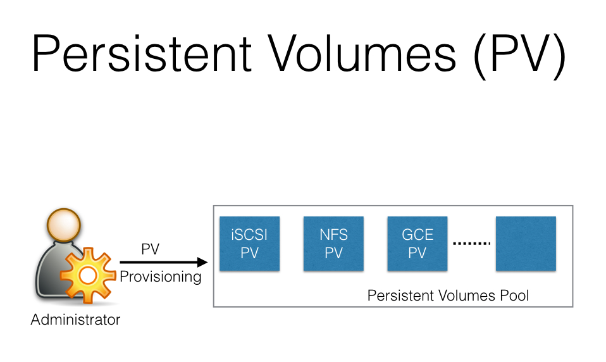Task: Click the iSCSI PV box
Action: coord(249,244)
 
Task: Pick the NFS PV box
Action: coord(333,244)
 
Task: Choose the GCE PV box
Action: coord(417,244)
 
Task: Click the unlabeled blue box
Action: coord(526,244)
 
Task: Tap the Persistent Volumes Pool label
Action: coord(448,295)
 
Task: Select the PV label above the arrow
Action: coord(150,249)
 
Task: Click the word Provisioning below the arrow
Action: coord(161,277)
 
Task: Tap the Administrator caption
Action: coord(75,320)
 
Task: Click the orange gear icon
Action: coord(87,275)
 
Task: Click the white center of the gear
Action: coord(87,275)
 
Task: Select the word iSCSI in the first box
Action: coord(249,235)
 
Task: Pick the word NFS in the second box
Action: coord(333,235)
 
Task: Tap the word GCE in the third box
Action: coord(417,235)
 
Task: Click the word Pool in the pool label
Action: coord(513,295)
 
